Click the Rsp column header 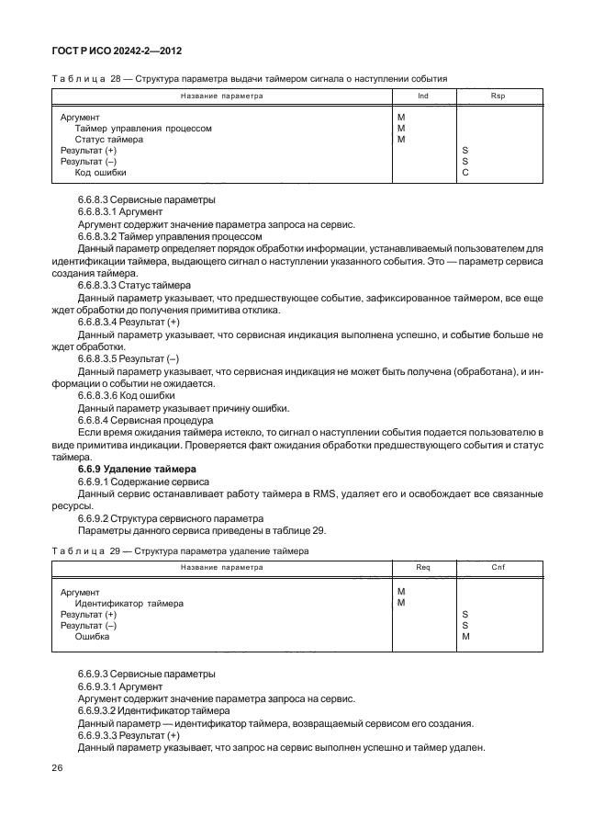(498, 95)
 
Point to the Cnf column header (498, 567)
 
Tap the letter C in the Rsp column (465, 172)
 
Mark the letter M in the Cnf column (465, 636)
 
